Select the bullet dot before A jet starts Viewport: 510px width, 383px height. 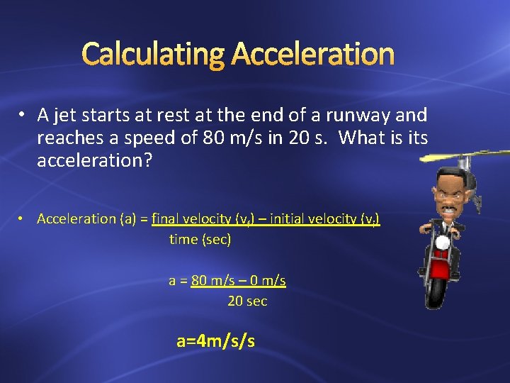(23, 116)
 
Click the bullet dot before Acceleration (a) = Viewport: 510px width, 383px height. (23, 219)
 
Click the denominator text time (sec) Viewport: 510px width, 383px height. (200, 240)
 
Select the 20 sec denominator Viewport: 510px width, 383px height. (247, 301)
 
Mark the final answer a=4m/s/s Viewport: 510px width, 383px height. (215, 341)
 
